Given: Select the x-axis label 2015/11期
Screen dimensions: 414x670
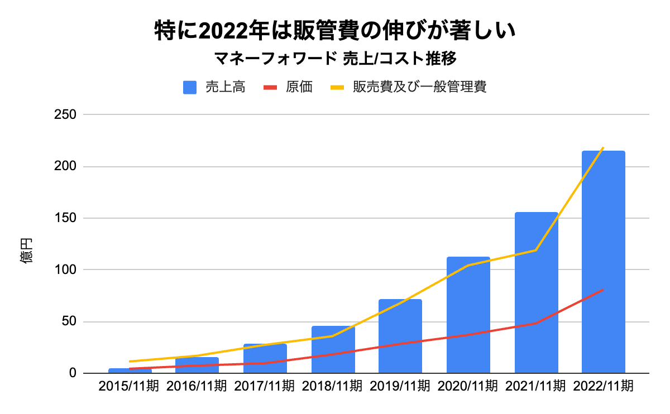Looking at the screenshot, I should [x=129, y=386].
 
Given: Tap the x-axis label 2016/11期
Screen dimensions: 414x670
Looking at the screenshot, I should [x=197, y=386].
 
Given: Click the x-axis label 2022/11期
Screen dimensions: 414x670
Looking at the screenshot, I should [x=604, y=386].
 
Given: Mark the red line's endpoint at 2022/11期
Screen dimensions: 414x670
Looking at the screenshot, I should [x=603, y=290].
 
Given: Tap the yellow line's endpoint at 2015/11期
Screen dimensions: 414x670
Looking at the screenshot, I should [x=130, y=362].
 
